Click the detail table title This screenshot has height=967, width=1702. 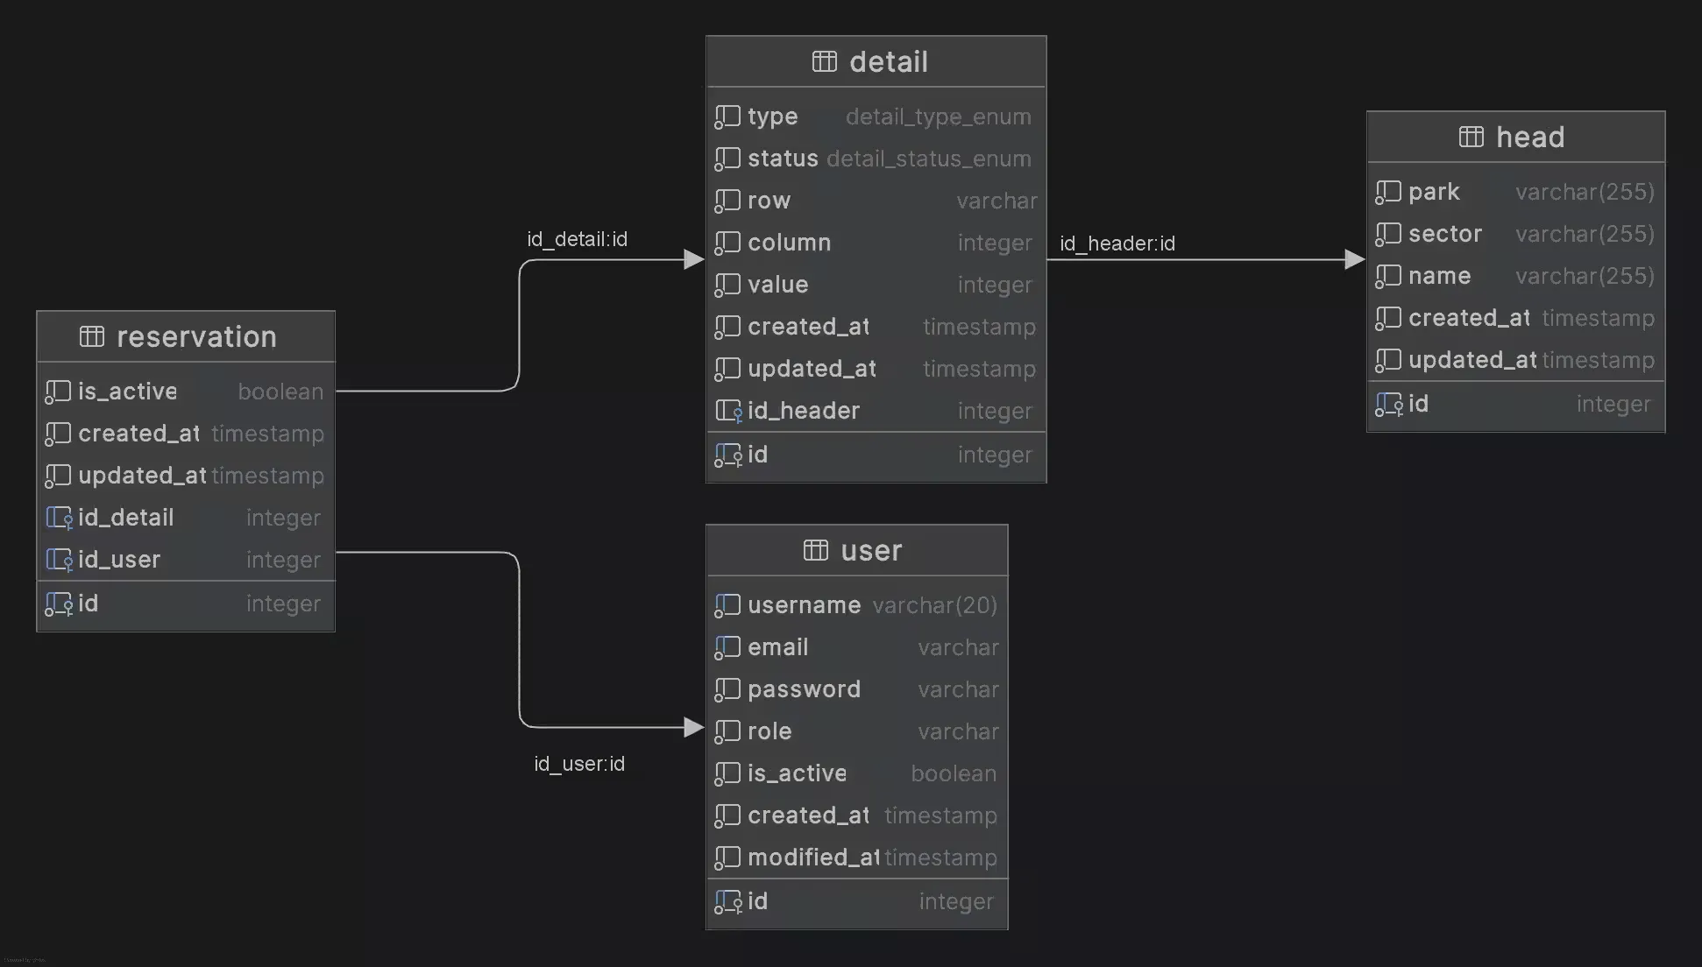click(888, 62)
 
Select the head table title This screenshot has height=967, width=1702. click(1529, 138)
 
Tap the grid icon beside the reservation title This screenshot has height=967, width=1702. click(92, 336)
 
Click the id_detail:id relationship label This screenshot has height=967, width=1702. click(577, 239)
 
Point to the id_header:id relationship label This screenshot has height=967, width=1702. click(1117, 244)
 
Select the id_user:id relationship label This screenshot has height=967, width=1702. click(579, 764)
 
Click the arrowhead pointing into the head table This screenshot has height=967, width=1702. click(1354, 259)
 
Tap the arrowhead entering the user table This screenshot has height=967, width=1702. click(693, 727)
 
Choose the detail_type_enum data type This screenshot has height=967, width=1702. click(938, 116)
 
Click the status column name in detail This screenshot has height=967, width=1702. click(783, 159)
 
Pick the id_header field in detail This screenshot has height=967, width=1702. click(803, 411)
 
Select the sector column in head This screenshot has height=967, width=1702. click(1444, 234)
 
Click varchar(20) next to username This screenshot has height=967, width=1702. click(934, 605)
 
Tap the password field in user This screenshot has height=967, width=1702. click(804, 689)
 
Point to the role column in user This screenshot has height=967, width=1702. click(769, 731)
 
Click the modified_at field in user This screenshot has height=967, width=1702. click(812, 858)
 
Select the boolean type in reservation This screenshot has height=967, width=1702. click(280, 392)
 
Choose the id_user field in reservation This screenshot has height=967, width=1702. click(119, 560)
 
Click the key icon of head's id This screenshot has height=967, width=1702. click(1388, 405)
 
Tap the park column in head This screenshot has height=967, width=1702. click(1434, 192)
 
